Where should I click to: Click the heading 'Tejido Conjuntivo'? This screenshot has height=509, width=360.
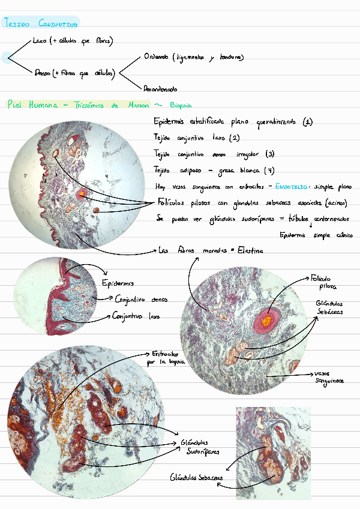(41, 23)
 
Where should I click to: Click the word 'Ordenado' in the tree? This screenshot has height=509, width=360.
(156, 58)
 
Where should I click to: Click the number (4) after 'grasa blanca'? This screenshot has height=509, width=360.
(269, 170)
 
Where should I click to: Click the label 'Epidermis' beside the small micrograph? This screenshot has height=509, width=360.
(119, 283)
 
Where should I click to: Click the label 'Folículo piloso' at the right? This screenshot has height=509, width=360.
(324, 282)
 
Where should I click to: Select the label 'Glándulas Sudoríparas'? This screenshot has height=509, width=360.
(200, 447)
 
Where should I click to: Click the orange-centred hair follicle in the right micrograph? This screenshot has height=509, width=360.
(265, 323)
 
